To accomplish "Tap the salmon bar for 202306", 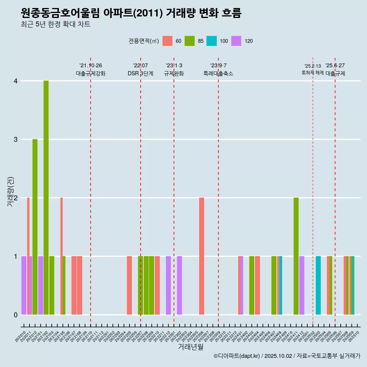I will [201, 256].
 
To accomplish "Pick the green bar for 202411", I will [296, 256].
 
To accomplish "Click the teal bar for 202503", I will [318, 285].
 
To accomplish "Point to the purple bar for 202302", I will [179, 285].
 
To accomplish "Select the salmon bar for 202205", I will [129, 285].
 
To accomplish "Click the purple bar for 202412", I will [302, 285].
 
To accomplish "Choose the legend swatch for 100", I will [211, 41].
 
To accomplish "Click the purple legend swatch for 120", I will [236, 41].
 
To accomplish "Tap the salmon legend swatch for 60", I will [167, 41].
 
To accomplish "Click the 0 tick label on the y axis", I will [16, 315].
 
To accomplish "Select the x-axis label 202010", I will [21, 337].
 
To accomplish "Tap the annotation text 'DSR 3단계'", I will [140, 73].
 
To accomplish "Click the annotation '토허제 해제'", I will [313, 73].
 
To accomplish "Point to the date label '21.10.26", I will [91, 65].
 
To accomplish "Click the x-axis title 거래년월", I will [190, 347].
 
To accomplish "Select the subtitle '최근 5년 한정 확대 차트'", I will [55, 24].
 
